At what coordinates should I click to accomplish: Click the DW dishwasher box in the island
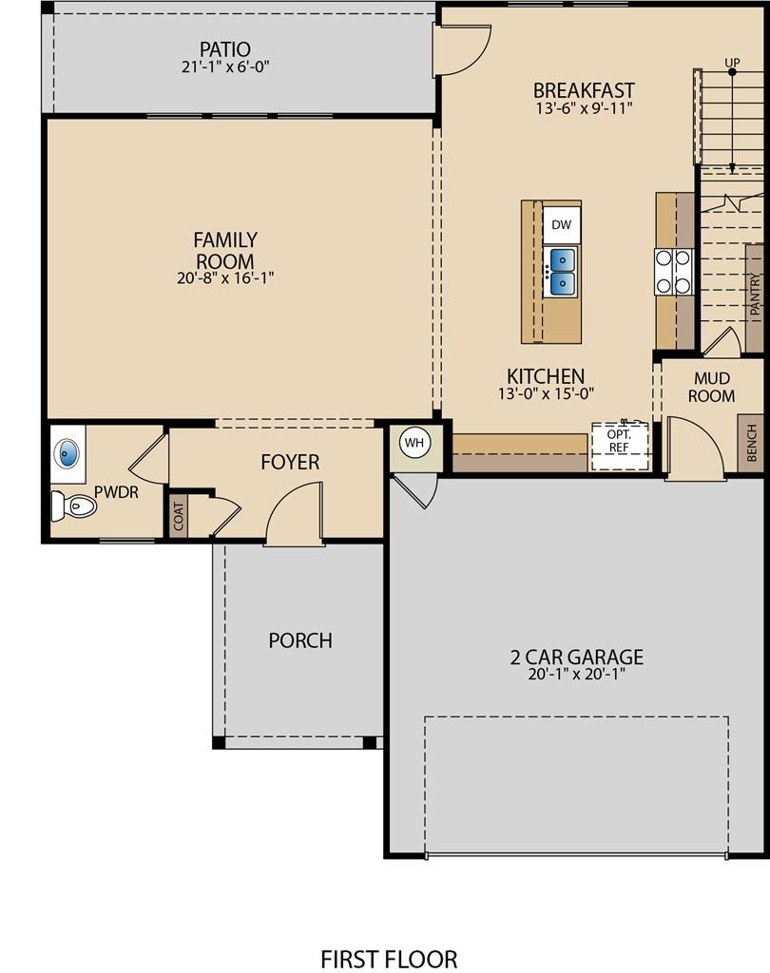click(x=561, y=225)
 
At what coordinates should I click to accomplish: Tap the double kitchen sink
click(x=561, y=271)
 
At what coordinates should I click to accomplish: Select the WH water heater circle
click(x=414, y=442)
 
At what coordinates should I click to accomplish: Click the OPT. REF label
click(x=618, y=441)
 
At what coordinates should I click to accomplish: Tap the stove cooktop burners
click(x=673, y=271)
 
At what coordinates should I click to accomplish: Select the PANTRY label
click(x=755, y=295)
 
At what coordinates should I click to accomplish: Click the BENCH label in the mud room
click(x=751, y=443)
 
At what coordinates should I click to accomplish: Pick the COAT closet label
click(x=178, y=517)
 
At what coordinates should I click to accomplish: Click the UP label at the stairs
click(x=732, y=64)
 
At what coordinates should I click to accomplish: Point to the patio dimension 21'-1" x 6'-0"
click(x=224, y=67)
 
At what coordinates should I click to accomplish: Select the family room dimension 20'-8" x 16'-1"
click(x=225, y=277)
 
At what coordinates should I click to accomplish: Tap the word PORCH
click(x=300, y=640)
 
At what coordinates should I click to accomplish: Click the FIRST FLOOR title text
click(x=389, y=959)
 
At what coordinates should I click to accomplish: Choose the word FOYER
click(x=290, y=462)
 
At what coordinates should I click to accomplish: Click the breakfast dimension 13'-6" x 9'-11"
click(x=584, y=108)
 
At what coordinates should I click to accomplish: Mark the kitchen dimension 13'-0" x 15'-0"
click(x=546, y=393)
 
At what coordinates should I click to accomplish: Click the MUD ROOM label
click(x=712, y=388)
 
